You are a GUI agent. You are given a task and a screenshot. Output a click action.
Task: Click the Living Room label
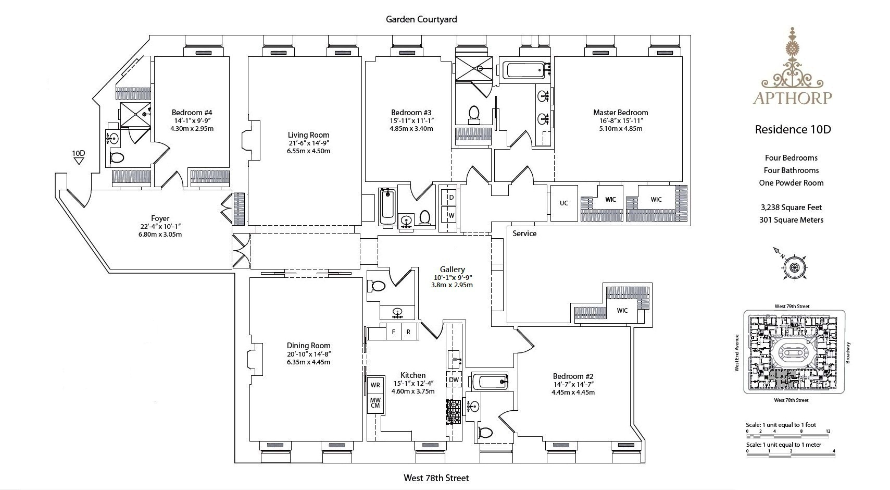click(x=308, y=134)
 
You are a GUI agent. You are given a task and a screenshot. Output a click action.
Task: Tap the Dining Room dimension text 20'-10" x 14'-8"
click(x=308, y=354)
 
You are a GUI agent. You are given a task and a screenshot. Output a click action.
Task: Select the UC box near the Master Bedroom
click(x=563, y=203)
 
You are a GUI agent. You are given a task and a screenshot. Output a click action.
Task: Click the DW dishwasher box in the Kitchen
click(x=454, y=380)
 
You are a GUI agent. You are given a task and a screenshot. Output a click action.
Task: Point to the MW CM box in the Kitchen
click(x=375, y=402)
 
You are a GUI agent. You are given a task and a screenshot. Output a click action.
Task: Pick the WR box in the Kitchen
click(x=375, y=385)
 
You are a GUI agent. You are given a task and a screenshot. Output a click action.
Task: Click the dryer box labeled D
click(x=451, y=198)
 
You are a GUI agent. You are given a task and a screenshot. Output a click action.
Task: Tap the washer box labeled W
click(x=451, y=215)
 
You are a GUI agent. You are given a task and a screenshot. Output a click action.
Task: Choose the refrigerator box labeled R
click(x=408, y=332)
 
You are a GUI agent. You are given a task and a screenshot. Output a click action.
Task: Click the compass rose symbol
click(x=795, y=267)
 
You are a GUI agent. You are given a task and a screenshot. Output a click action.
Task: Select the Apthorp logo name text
click(x=792, y=97)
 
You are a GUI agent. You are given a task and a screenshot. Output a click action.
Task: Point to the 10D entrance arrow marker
click(x=79, y=161)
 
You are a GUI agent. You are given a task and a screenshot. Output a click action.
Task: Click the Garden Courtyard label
click(x=421, y=19)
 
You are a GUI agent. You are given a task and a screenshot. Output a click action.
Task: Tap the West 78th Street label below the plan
click(x=436, y=477)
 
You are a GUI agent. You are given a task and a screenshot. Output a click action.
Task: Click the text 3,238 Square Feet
click(x=791, y=207)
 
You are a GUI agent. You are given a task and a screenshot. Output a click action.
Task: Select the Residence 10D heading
click(x=793, y=129)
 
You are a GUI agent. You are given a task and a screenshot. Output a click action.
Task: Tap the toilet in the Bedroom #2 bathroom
click(x=485, y=432)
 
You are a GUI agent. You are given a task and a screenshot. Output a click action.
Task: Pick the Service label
click(x=524, y=234)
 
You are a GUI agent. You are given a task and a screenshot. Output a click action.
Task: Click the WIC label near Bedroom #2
click(x=622, y=310)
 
